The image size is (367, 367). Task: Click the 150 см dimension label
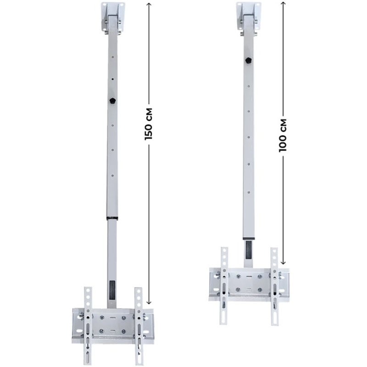(149, 124)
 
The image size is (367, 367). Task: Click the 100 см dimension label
(283, 135)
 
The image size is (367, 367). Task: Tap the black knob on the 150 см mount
(112, 100)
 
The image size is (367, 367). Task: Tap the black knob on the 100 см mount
(249, 61)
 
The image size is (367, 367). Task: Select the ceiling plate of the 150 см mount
(113, 17)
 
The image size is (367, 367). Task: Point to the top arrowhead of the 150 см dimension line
(149, 5)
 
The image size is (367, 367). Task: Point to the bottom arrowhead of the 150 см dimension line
(149, 302)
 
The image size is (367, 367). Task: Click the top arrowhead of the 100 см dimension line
(283, 3)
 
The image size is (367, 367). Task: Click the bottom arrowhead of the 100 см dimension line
(283, 262)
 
